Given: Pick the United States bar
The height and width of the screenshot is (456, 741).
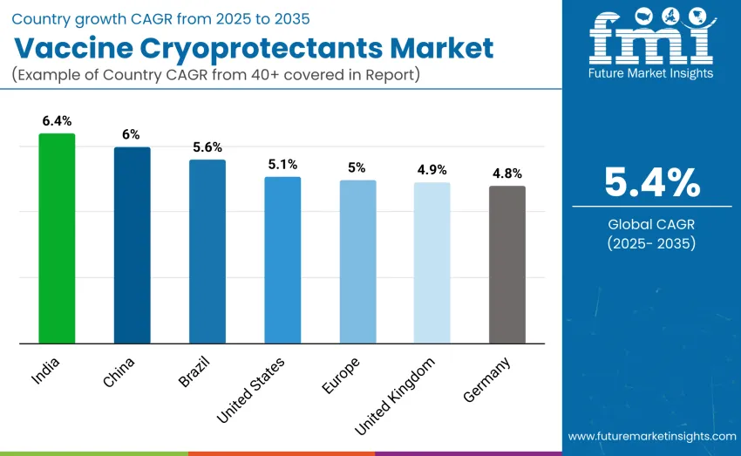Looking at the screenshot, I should pos(282,260).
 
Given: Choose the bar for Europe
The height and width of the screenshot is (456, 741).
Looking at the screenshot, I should pos(357,262).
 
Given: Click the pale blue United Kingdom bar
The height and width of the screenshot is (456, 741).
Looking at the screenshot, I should pos(432,262).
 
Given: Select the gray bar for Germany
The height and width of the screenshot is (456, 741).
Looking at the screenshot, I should pos(507,264).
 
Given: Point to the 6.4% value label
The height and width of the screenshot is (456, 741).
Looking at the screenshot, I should pos(57,120).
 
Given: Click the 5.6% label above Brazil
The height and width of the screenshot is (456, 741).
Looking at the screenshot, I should pos(207,146).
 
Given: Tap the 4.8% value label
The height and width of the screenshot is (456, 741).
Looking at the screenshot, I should pos(507,173).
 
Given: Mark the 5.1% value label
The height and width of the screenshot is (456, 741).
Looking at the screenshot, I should pos(282,164).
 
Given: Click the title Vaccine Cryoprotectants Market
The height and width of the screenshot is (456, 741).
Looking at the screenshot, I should pos(253,48).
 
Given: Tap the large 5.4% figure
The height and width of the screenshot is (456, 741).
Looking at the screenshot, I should pos(652,182).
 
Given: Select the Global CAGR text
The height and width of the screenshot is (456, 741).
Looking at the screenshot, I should pos(652,224).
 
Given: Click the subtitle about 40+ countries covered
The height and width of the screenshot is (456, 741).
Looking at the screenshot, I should pos(216,74).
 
